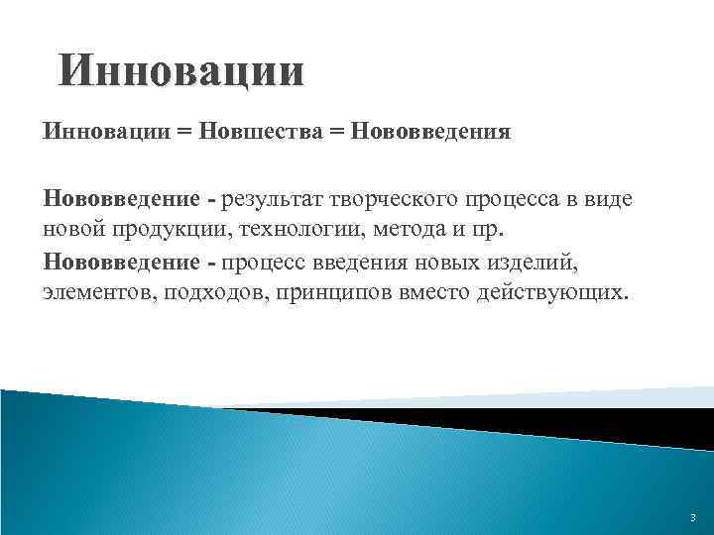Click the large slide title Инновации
pos(180,74)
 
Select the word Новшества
pos(261,132)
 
